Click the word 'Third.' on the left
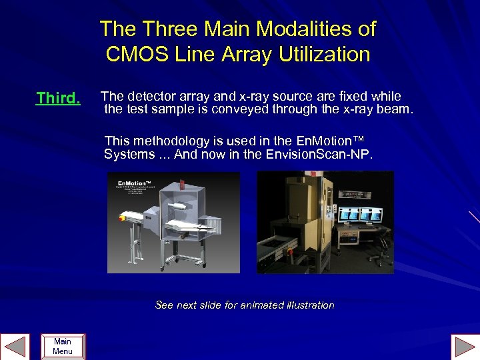(58, 99)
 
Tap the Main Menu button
(62, 347)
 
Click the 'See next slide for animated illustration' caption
(244, 305)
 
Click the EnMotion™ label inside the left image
(134, 183)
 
